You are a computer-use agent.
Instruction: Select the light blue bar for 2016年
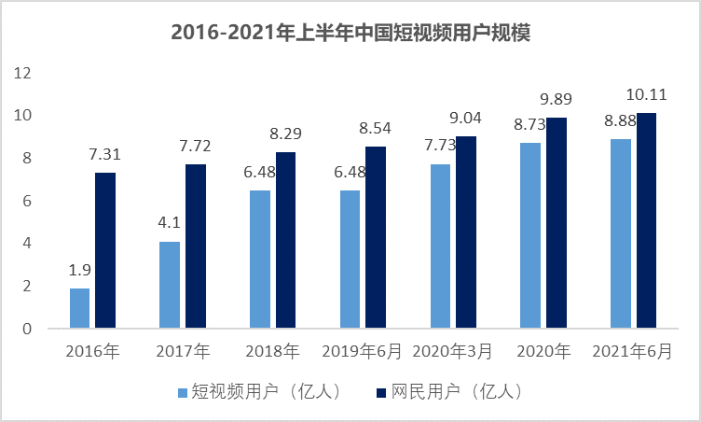[80, 308]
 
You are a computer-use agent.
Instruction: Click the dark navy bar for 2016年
[105, 250]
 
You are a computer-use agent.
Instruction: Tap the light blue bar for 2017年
[170, 285]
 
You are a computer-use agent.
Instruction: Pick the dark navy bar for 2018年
[285, 240]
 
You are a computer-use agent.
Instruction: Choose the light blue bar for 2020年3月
[440, 246]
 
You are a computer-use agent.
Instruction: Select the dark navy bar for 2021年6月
[647, 220]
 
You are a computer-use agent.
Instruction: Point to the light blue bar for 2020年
[530, 235]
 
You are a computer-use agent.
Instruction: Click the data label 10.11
[647, 94]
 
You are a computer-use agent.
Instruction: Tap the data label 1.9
[80, 270]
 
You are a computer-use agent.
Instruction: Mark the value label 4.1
[170, 223]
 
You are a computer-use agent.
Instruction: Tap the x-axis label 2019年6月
[363, 352]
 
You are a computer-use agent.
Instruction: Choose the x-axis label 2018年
[272, 352]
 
